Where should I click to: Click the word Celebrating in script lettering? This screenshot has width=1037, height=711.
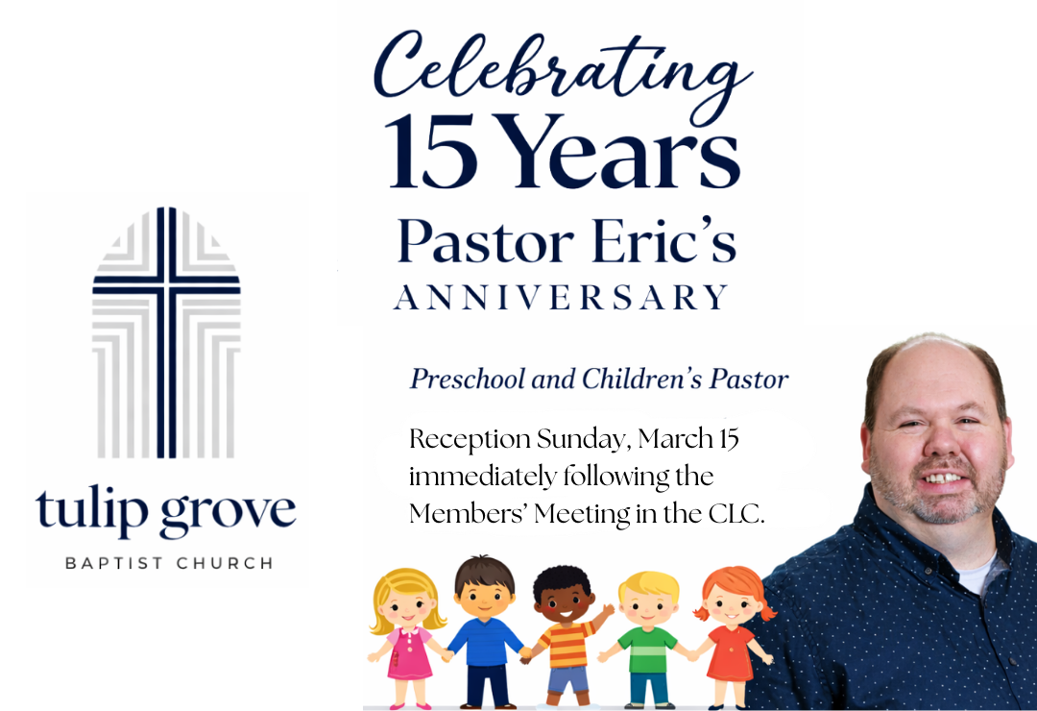(562, 67)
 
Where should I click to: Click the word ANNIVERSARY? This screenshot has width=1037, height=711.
(562, 297)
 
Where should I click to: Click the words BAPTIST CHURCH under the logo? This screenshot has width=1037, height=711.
(168, 563)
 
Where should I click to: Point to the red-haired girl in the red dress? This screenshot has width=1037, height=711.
(730, 634)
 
